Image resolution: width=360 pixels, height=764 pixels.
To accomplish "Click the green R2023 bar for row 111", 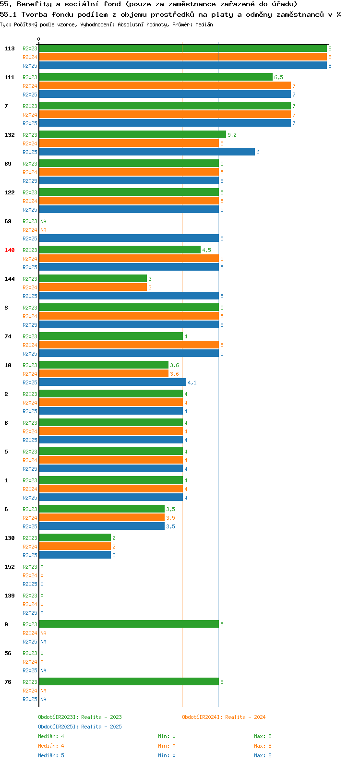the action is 156,77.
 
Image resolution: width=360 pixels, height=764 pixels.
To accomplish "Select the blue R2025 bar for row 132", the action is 147,152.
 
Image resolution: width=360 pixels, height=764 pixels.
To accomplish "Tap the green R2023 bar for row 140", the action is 120,250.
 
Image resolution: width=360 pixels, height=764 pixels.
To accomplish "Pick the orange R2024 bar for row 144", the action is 93,287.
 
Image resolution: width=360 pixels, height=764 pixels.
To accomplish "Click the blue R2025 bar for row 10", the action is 113,382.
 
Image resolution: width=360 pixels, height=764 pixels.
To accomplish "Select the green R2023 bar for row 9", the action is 129,624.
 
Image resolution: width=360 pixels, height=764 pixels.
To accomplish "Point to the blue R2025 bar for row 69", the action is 129,238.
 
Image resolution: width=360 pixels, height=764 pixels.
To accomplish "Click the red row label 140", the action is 10,250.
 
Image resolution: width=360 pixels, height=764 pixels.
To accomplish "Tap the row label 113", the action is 10,48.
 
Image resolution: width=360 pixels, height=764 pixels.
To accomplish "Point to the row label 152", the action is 10,567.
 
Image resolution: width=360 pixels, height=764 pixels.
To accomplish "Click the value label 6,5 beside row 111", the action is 278,77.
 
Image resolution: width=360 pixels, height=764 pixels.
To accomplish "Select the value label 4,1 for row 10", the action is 192,382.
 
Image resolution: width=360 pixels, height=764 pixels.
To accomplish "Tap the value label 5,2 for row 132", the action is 232,135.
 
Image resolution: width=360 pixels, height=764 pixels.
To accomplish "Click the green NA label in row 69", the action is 43,221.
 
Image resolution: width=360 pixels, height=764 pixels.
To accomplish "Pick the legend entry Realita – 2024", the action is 224,717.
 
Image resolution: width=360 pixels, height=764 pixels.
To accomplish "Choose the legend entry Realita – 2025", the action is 80,727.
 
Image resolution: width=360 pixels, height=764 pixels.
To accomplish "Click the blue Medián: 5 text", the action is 51,755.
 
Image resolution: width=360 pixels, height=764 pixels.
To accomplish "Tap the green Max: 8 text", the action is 263,736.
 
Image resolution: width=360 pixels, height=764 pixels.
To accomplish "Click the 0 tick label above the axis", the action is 38,39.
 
